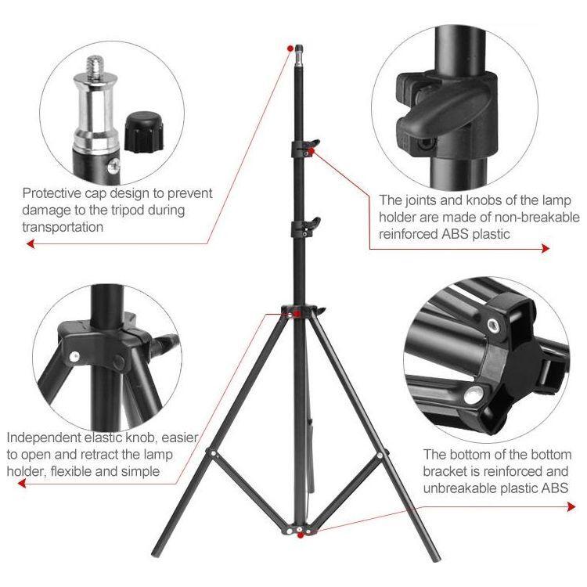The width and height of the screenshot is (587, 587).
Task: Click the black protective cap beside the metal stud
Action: [144, 132]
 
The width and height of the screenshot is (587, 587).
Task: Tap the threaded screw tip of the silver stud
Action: [96, 66]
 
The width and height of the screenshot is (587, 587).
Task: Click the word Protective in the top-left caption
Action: [52, 193]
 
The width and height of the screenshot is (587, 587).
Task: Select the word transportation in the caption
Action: [63, 227]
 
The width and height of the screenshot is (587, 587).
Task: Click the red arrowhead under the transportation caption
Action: [31, 244]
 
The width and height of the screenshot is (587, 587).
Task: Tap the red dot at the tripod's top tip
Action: [290, 49]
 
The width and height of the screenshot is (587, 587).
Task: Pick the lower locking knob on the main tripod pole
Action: [312, 225]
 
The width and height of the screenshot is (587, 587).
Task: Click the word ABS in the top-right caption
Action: [455, 234]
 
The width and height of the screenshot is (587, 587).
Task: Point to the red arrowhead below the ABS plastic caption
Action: [546, 248]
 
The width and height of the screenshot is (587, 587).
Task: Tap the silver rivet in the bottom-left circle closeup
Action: [74, 355]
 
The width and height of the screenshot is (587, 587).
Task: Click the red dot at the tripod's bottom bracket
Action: [300, 535]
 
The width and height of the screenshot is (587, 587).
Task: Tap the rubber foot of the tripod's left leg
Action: [156, 552]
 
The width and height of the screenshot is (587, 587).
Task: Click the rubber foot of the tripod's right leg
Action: [436, 558]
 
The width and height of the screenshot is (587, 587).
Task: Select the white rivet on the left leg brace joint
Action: [213, 454]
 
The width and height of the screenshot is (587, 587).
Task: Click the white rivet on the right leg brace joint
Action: [380, 456]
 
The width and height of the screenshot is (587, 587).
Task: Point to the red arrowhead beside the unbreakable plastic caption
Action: [571, 507]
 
